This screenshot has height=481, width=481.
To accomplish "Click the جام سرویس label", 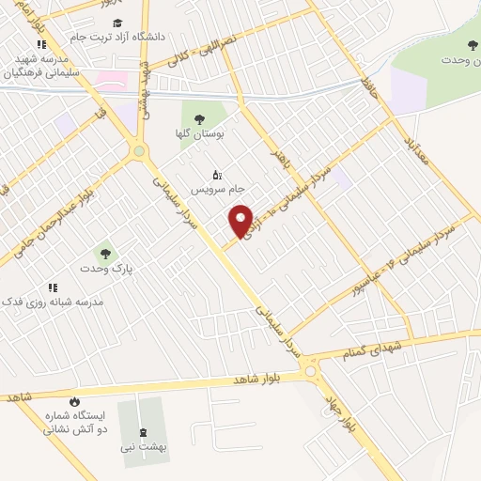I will coord(214,189).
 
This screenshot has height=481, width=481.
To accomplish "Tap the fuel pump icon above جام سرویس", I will coord(217,174).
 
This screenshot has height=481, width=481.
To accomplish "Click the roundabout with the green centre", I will coord(139,150).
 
